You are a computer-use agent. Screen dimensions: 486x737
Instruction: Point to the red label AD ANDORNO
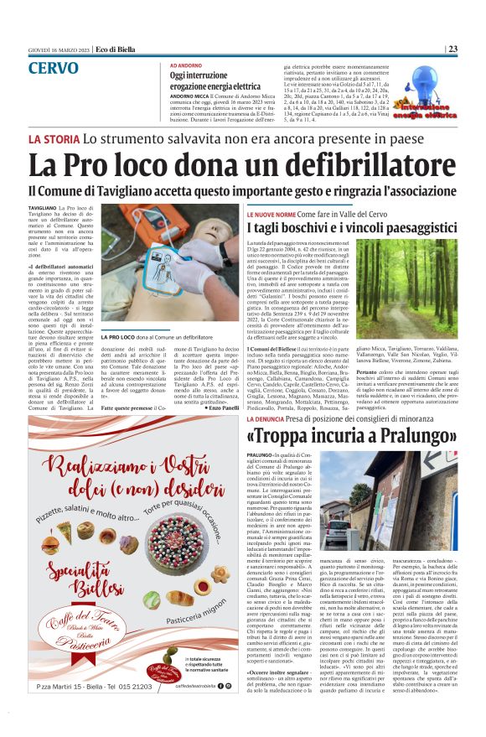click(187, 65)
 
